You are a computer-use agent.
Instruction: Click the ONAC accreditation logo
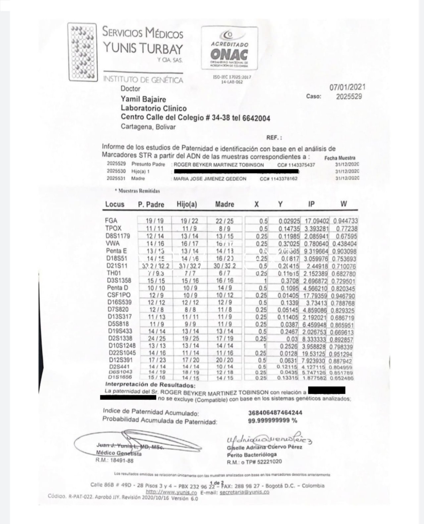point(230,48)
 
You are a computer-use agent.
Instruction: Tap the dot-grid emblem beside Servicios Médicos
point(82,52)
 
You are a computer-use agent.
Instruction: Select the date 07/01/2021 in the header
point(347,87)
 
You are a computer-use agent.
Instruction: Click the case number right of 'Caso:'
point(349,97)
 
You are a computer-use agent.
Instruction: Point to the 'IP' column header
point(311,204)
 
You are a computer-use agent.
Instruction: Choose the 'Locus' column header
point(115,204)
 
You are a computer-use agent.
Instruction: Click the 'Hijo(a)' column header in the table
point(187,204)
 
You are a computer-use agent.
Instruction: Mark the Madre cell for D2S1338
point(225,339)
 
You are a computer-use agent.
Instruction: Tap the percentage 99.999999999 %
point(272,421)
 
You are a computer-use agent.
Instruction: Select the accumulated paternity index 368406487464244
point(275,413)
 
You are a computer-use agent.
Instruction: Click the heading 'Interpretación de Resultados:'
point(150,385)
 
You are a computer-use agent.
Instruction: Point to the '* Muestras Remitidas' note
point(137,191)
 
